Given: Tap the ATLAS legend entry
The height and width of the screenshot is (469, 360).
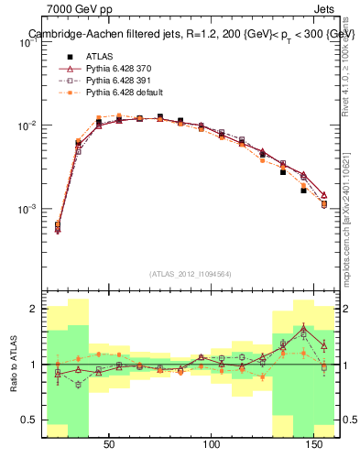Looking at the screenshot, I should pyautogui.click(x=101, y=56).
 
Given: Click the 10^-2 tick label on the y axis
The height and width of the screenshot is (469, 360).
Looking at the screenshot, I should pyautogui.click(x=28, y=125).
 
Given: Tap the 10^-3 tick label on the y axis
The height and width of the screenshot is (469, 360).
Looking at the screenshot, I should pyautogui.click(x=28, y=209).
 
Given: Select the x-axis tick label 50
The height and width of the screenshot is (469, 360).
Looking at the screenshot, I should pyautogui.click(x=109, y=445).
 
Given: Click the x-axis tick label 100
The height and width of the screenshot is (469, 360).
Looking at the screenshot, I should pyautogui.click(x=212, y=445).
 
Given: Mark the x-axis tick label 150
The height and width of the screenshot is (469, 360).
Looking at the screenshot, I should pyautogui.click(x=314, y=445).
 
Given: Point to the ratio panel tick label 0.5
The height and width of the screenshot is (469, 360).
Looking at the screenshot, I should pyautogui.click(x=30, y=420).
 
